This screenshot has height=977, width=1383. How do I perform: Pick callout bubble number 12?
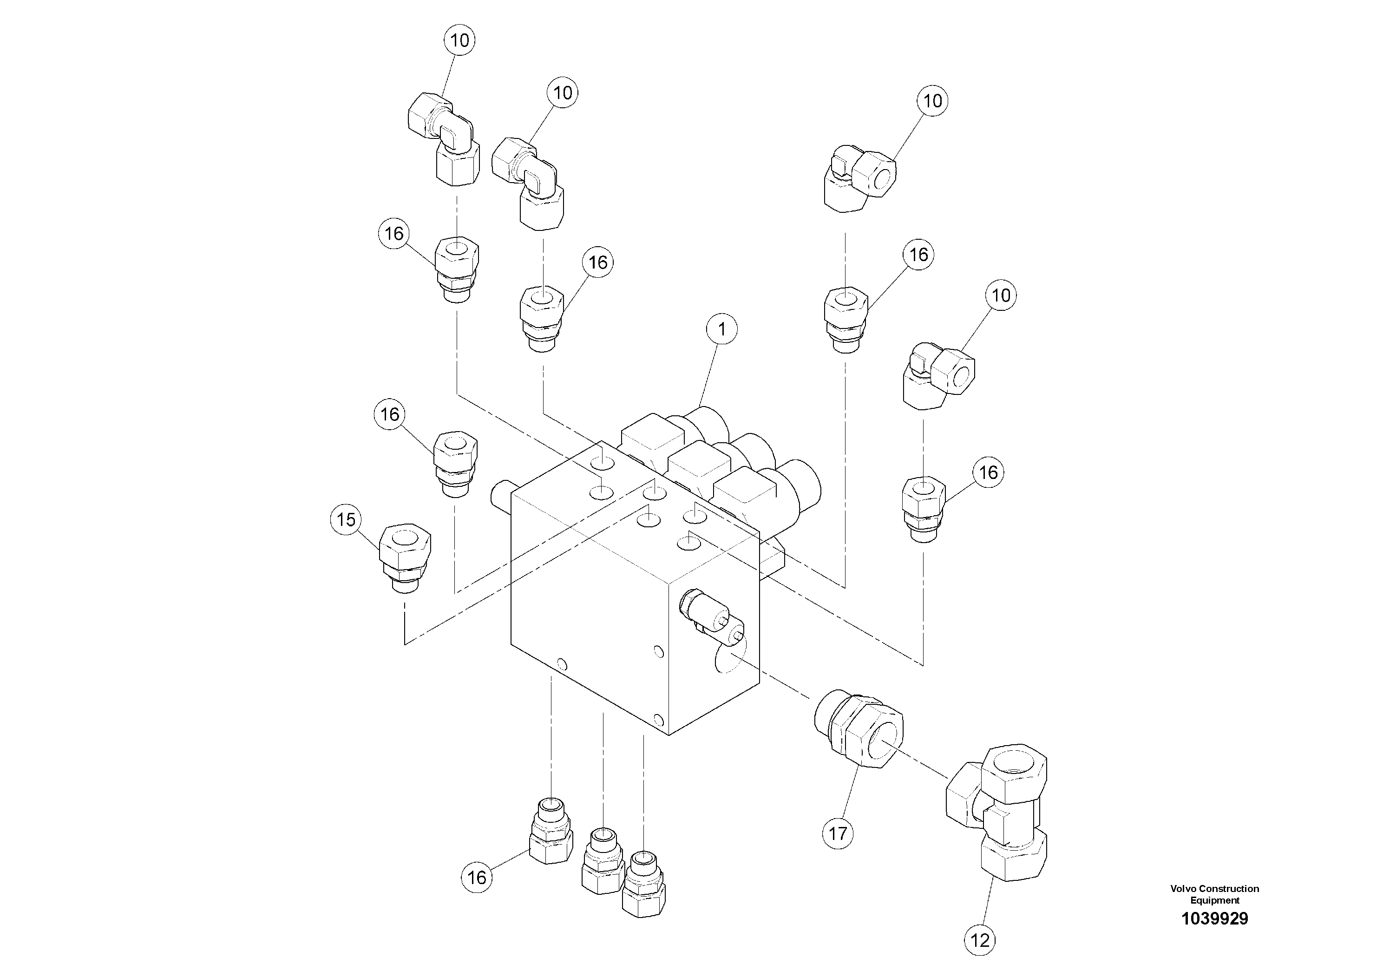coord(980,940)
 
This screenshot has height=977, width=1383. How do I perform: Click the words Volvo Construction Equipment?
coord(1214,894)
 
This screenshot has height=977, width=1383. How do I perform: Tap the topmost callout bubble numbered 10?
coord(459,40)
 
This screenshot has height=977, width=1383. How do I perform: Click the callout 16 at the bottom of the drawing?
coord(477,877)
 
